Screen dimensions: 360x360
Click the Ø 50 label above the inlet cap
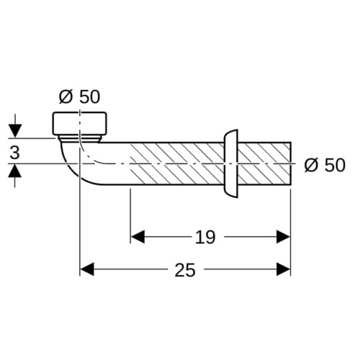(79, 96)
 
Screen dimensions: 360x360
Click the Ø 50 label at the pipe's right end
(325, 165)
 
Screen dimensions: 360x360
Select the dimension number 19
(205, 237)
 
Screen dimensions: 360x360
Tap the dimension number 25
(185, 270)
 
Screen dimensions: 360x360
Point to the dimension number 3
(14, 153)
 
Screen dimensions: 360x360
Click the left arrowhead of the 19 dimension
(138, 237)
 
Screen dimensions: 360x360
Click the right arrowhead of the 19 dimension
(284, 237)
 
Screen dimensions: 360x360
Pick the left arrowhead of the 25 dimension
(86, 269)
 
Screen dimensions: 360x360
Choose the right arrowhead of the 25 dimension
(284, 269)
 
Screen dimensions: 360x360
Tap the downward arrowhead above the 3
(15, 131)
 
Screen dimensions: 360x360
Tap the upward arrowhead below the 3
(15, 171)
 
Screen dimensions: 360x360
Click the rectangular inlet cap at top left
(79, 123)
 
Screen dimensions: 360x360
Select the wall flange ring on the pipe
(231, 163)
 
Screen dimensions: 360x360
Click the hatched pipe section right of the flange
(264, 163)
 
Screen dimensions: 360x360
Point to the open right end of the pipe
(291, 163)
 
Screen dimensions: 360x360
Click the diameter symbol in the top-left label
(66, 97)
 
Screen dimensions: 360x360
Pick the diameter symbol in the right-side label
(311, 166)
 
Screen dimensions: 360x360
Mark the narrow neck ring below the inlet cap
(79, 139)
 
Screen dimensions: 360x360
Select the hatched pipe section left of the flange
(177, 163)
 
